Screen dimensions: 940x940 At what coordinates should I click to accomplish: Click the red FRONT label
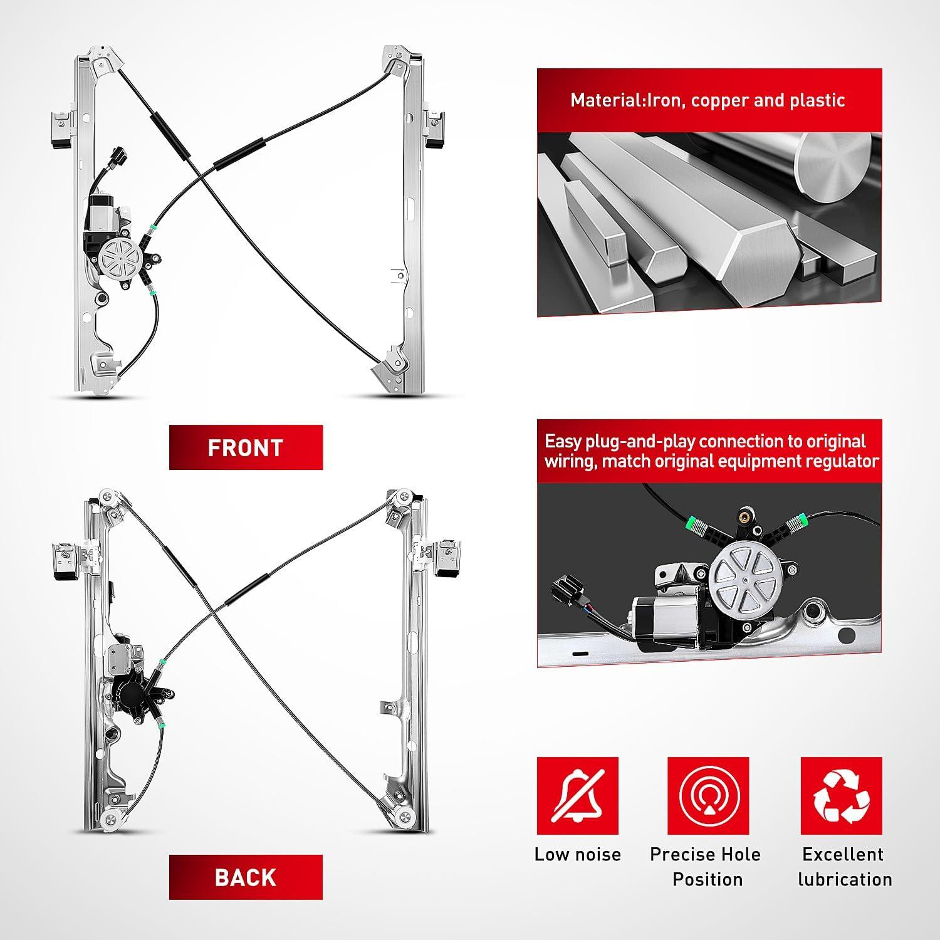click(246, 447)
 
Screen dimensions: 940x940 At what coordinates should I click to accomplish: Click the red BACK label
click(246, 877)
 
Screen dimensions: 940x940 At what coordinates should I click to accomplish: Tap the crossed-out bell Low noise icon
click(577, 796)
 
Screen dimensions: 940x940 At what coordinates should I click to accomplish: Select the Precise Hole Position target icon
click(708, 796)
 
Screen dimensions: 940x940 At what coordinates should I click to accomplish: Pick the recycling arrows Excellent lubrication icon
click(842, 796)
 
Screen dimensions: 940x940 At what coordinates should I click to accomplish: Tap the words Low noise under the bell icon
click(577, 855)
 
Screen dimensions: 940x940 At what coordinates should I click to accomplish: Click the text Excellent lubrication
click(844, 867)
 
